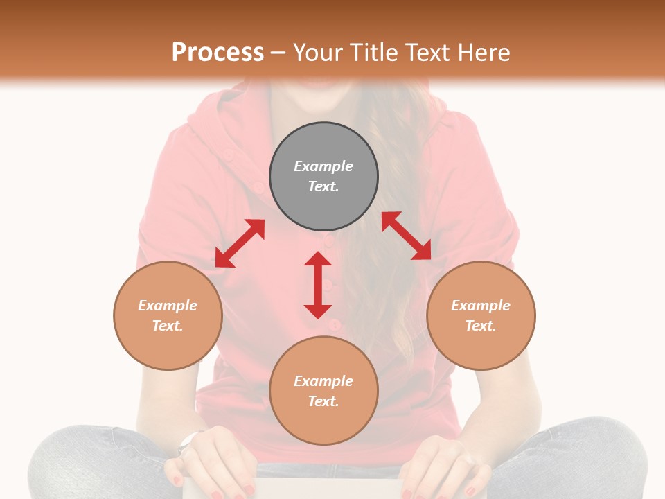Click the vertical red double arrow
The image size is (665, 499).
[x=318, y=285]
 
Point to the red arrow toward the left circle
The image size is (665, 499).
[x=240, y=243]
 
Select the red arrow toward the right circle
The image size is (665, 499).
[x=407, y=236]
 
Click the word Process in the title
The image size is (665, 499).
[x=218, y=52]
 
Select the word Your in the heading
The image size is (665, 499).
[x=319, y=52]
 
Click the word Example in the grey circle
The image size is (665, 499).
[x=323, y=166]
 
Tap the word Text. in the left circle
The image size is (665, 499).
[x=168, y=326]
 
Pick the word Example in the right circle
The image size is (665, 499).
[x=481, y=306]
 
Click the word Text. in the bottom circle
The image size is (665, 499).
[x=323, y=401]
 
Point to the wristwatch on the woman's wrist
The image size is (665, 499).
[x=187, y=441]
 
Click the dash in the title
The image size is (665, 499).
[x=278, y=53]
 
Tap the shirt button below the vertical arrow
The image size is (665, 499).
[x=333, y=324]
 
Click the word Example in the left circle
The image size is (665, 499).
[x=168, y=306]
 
